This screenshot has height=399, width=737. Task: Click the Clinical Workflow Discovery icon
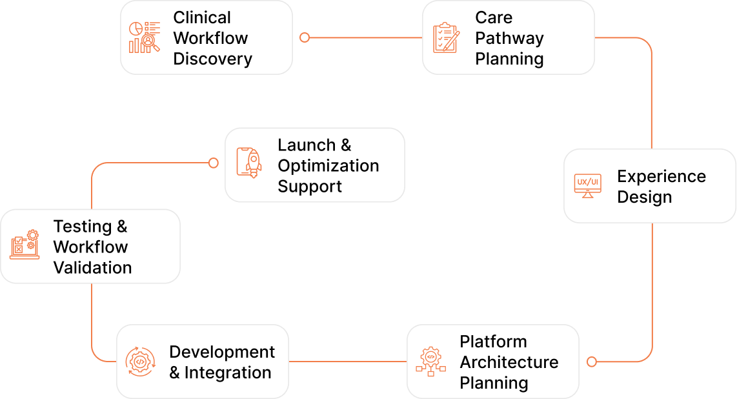[x=145, y=37]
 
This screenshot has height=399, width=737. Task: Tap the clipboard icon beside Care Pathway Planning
[x=446, y=37]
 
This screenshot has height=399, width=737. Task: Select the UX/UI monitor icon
[x=587, y=186]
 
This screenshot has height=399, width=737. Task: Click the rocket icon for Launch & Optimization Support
[x=249, y=163]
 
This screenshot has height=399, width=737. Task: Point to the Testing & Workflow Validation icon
[x=25, y=245]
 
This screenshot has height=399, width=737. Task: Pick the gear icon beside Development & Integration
[x=140, y=362]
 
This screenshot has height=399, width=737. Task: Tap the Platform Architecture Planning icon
[x=430, y=362]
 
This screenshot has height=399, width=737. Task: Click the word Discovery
[x=212, y=59]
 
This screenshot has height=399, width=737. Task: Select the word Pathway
[x=509, y=39]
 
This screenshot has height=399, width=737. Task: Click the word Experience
[x=661, y=176]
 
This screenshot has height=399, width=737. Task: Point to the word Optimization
[x=328, y=166]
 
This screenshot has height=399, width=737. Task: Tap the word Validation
[x=92, y=267]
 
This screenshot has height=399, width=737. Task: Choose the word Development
[x=222, y=352]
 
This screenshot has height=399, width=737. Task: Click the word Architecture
[x=509, y=362]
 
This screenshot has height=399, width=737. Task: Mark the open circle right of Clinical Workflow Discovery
[x=305, y=37]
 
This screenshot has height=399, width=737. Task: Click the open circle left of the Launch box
[x=214, y=163]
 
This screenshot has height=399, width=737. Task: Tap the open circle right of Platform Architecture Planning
[x=592, y=362]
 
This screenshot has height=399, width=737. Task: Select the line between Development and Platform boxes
[x=348, y=362]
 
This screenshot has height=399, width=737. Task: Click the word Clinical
[x=202, y=17]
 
